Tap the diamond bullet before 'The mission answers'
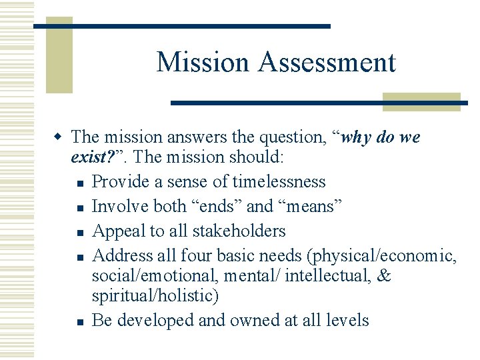pos(59,137)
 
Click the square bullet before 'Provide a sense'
pos(79,183)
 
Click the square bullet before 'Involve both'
pos(79,207)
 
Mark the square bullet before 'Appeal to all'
pos(79,232)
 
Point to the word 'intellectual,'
pos(321,276)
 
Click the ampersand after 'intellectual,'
pos(384,276)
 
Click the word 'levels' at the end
pos(347,320)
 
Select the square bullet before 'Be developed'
pos(79,321)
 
